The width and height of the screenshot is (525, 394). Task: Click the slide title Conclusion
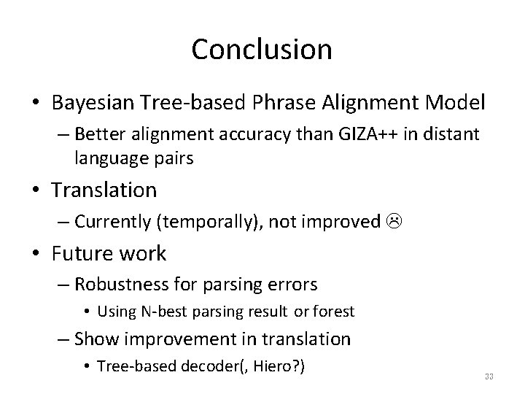point(262,50)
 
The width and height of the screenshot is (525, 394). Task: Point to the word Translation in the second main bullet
point(104,190)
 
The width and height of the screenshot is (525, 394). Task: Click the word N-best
point(160,312)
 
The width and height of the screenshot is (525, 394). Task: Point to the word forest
point(334,312)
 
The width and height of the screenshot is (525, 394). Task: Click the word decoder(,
point(206,366)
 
